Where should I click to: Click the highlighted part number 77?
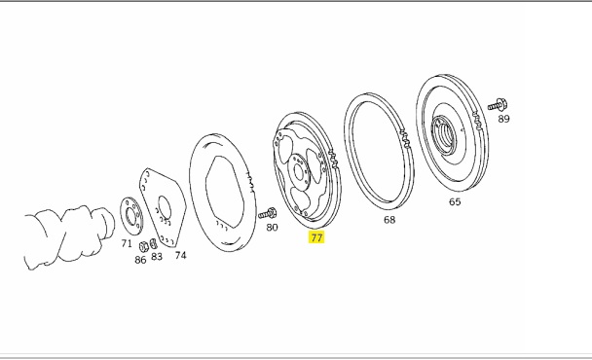[316, 237]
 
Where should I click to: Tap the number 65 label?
[455, 201]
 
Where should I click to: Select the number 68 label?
[389, 220]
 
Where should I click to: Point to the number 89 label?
[503, 119]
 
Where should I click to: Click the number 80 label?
[272, 227]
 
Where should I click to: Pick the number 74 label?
[180, 256]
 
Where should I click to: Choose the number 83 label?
[157, 257]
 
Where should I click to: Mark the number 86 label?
[140, 260]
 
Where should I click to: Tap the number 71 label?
[127, 244]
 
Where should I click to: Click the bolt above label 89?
[498, 104]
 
